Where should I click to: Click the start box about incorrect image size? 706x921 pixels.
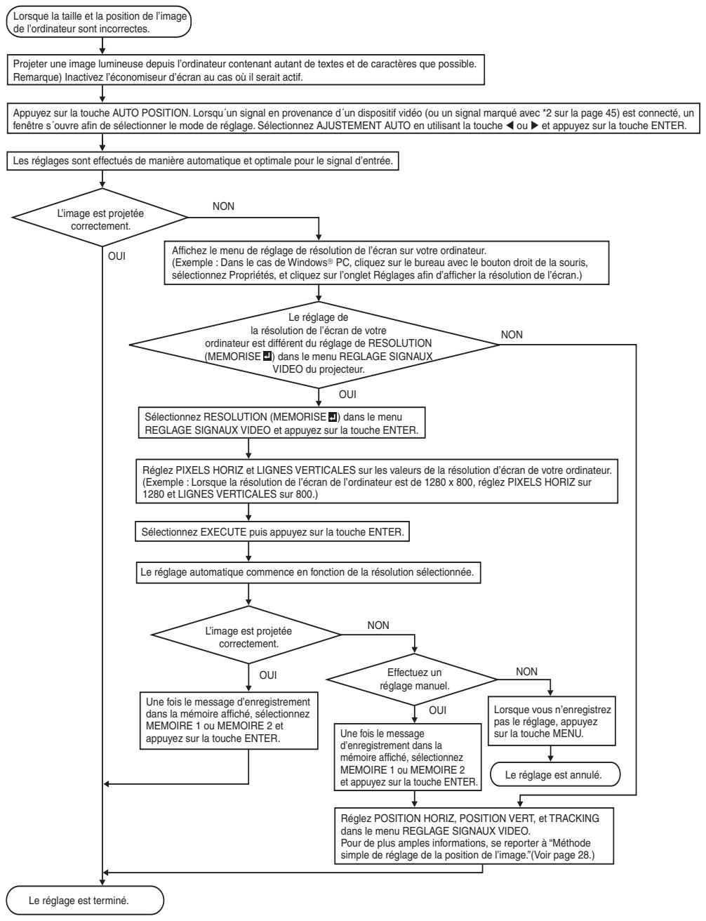coord(99,22)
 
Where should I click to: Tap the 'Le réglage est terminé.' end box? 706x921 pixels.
coord(85,900)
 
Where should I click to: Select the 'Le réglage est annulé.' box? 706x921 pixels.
coord(555,775)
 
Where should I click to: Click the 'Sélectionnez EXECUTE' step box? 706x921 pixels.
coord(272,531)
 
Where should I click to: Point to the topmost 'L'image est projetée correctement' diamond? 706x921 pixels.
coord(100,218)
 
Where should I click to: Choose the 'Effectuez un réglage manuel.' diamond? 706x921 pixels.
coord(413,680)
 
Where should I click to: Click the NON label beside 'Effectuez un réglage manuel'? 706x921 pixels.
coord(526,671)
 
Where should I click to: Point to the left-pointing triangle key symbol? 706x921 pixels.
coord(509,126)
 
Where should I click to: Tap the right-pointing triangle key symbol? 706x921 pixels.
coord(535,126)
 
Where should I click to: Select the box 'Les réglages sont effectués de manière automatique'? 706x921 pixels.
coord(203,161)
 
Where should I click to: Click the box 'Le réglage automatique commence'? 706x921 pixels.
coord(308,572)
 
